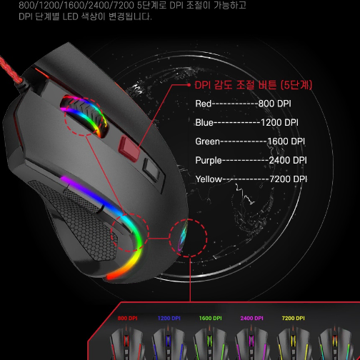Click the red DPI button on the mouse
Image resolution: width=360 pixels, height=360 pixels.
(129, 148)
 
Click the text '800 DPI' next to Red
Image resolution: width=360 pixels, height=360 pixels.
(274, 104)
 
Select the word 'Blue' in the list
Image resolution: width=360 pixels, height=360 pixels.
(204, 123)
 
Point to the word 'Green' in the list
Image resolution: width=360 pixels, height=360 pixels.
(207, 141)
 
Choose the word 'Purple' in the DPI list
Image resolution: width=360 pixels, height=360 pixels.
(209, 161)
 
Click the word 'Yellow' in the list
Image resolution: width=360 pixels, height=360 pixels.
(209, 179)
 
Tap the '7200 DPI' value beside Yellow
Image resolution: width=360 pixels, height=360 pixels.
(288, 179)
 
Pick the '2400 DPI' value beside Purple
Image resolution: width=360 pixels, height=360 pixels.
(288, 160)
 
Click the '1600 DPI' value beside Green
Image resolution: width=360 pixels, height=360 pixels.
(286, 141)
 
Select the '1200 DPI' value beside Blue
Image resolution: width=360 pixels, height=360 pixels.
(279, 123)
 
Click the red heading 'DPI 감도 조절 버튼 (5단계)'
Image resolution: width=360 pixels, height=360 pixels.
(254, 85)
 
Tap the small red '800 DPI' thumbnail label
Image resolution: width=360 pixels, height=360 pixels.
(127, 318)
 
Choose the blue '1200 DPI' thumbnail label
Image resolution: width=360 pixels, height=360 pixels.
(169, 318)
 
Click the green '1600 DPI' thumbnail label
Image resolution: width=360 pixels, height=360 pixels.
(210, 318)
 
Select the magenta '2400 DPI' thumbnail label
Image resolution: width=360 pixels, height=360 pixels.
(251, 318)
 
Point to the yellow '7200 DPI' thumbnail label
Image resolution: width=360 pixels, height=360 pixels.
(293, 318)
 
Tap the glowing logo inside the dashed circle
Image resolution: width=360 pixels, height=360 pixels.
(183, 236)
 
